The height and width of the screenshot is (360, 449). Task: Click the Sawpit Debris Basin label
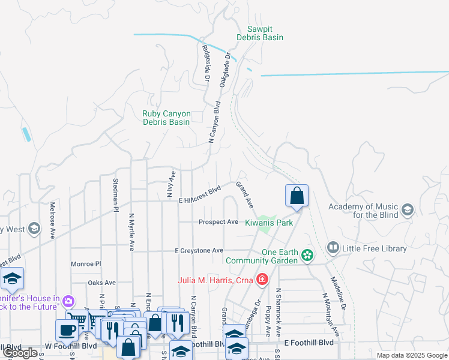[265, 33]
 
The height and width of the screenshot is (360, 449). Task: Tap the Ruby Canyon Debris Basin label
[166, 118]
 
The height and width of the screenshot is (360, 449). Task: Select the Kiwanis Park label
[268, 222]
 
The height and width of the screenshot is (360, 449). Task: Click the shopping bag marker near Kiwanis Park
[297, 196]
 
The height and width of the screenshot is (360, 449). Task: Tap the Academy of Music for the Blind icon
[408, 209]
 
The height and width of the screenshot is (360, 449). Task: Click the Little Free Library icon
[333, 247]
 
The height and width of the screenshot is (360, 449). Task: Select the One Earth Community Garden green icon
[307, 256]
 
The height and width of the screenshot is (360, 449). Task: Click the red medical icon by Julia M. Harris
[261, 280]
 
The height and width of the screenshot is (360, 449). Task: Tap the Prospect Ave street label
[218, 222]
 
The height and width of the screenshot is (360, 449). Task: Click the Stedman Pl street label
[116, 194]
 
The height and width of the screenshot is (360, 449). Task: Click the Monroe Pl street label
[86, 264]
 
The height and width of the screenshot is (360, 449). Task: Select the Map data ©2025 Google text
[411, 355]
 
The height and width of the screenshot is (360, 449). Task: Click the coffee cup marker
[66, 329]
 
